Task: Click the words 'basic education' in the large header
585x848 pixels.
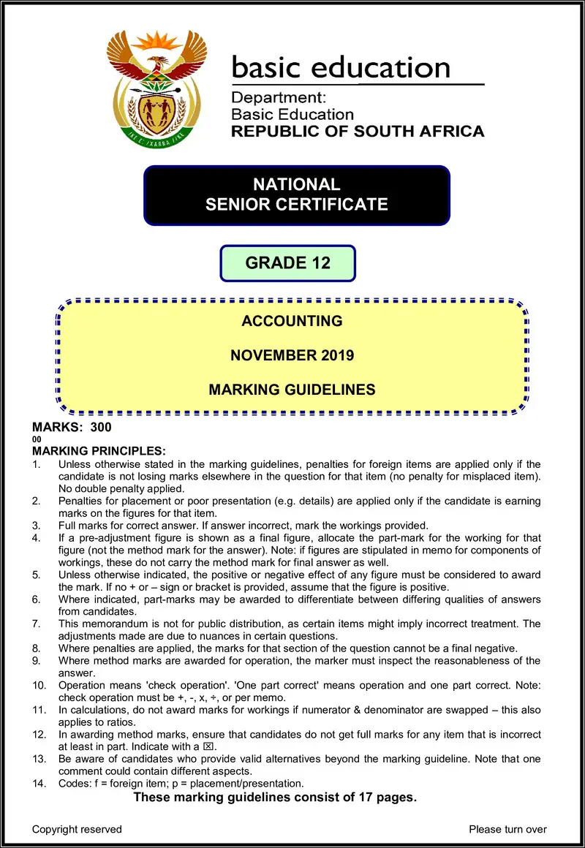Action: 341,68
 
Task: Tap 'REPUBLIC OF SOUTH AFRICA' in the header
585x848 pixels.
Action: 358,132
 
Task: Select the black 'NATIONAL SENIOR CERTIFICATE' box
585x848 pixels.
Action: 296,194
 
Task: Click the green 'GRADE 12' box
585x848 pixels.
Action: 287,263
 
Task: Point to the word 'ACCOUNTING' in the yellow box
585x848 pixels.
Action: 292,321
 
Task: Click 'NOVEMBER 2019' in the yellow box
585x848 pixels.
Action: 292,355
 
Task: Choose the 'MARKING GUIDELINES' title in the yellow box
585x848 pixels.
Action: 292,390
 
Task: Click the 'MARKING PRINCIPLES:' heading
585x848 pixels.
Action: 99,451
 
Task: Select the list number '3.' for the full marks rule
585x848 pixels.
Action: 37,525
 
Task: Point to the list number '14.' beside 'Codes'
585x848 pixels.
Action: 39,784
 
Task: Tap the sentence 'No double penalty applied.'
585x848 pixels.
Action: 121,488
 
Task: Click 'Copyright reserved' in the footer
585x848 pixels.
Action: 77,829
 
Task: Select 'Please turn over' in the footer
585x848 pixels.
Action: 507,829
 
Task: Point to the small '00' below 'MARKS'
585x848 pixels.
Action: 37,439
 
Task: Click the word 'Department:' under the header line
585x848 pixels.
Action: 278,97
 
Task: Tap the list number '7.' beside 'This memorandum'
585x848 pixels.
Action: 37,623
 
